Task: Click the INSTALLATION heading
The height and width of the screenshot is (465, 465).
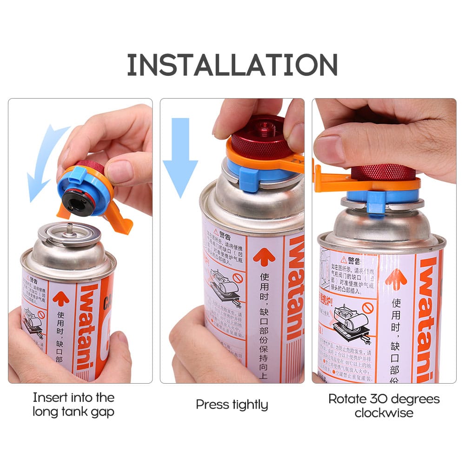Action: [x=232, y=65]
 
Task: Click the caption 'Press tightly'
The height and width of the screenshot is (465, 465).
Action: [x=232, y=404]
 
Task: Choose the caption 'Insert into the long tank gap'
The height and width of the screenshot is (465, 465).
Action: [x=73, y=404]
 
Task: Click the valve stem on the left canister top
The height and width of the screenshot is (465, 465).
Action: [x=68, y=229]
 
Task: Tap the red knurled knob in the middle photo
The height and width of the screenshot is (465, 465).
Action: [x=259, y=135]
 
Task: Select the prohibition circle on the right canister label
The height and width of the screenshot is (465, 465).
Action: [x=368, y=309]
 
